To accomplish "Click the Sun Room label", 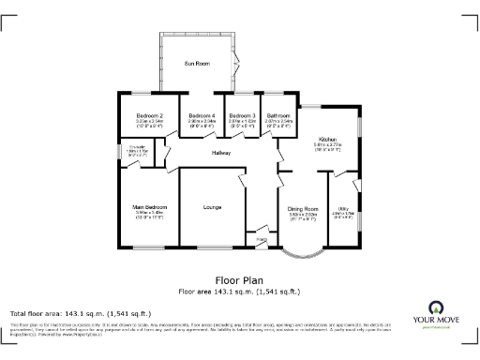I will [196, 63].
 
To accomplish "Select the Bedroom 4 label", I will [202, 115].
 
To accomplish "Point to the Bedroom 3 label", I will [242, 115].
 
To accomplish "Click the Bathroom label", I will [278, 115].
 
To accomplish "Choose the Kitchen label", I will [326, 139].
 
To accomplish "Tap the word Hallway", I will [221, 152].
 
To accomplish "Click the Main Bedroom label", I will [150, 207].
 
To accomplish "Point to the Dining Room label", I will [303, 208].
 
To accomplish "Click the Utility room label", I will [343, 208].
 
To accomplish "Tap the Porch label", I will [262, 240].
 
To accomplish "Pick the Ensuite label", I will [135, 148].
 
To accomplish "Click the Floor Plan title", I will [240, 279].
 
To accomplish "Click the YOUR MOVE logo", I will [436, 313].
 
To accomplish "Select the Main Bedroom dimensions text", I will [150, 214].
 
